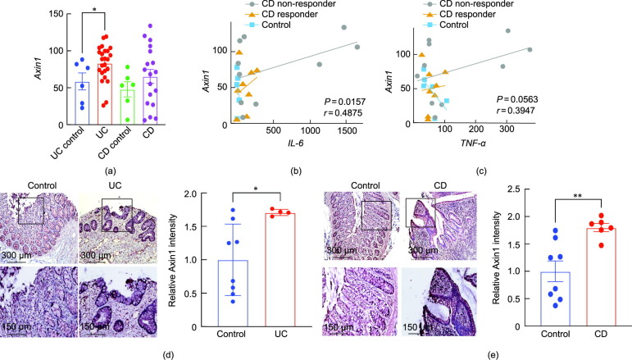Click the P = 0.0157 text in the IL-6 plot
[334, 101]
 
